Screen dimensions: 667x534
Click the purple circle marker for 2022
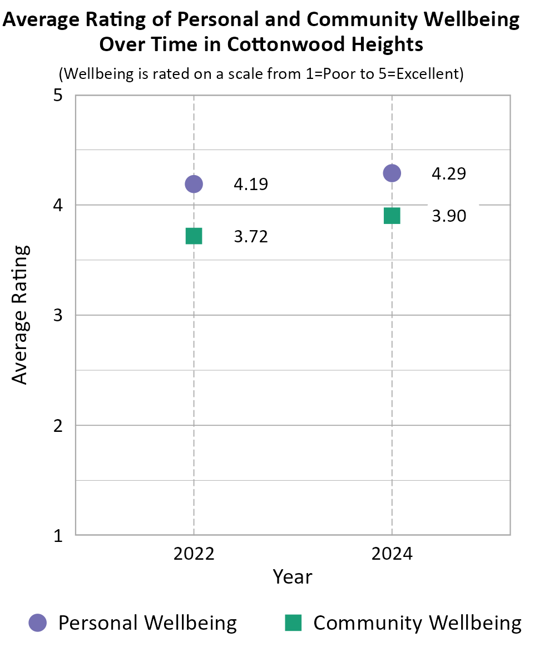click(194, 183)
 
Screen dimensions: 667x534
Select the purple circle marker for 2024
click(392, 173)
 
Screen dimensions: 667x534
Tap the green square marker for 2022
click(194, 236)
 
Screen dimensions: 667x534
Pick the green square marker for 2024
click(392, 216)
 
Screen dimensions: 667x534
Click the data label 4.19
click(251, 184)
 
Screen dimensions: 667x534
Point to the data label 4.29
click(449, 173)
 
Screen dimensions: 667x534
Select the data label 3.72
click(251, 237)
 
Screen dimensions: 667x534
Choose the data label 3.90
click(449, 216)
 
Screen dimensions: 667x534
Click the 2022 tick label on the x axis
click(194, 554)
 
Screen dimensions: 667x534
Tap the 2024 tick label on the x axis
click(392, 554)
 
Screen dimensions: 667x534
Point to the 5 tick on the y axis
click(58, 96)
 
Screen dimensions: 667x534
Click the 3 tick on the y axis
click(58, 316)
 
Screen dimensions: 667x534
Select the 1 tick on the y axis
click(58, 536)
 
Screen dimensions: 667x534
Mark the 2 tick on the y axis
click(58, 426)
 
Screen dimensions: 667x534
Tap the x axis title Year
click(293, 576)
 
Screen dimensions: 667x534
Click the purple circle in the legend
click(38, 623)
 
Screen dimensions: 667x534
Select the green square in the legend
click(293, 623)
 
